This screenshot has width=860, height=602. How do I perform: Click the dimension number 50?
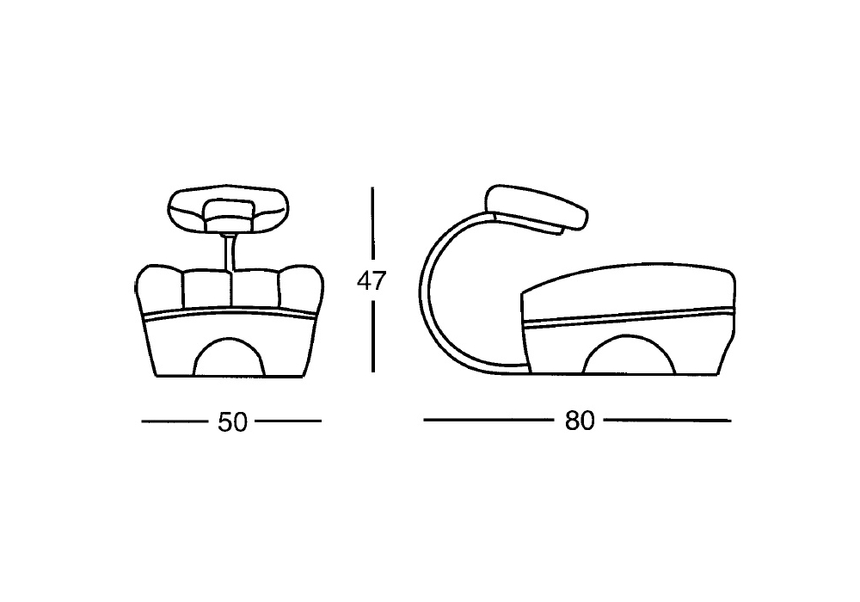(233, 422)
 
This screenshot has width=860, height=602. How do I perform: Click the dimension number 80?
(580, 421)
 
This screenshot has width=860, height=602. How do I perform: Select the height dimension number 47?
(372, 280)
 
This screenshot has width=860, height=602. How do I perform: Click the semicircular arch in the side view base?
(629, 354)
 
